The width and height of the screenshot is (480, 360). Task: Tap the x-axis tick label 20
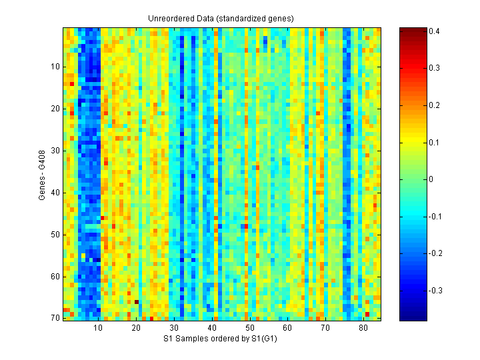coord(136,328)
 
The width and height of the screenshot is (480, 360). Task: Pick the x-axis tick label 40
coord(211,328)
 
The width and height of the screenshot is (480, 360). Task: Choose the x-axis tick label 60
coord(287,328)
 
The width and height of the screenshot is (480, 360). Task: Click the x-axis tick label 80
coord(363,328)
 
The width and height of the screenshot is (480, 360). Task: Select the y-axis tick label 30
coord(55,151)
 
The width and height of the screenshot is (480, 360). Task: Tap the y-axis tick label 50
coord(55,235)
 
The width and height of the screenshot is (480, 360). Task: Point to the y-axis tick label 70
coord(55,318)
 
